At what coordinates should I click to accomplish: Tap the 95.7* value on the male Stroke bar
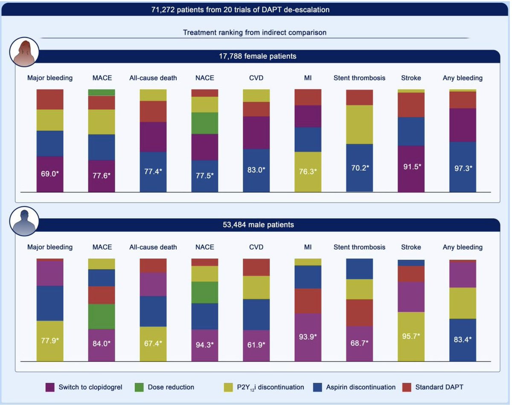411,335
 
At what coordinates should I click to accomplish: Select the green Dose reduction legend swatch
139,387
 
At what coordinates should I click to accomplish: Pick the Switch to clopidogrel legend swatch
49,387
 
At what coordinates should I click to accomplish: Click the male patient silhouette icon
24,221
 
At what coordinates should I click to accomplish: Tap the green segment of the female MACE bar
102,93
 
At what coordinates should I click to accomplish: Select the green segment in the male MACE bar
102,316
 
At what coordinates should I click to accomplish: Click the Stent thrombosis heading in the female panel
359,78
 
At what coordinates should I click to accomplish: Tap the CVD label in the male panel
256,247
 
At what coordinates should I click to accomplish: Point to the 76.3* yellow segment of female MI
308,172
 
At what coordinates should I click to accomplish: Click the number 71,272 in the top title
165,9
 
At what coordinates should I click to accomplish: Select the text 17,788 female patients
255,56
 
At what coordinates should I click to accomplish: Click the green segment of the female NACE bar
204,123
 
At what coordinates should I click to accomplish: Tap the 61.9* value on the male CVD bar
256,344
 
